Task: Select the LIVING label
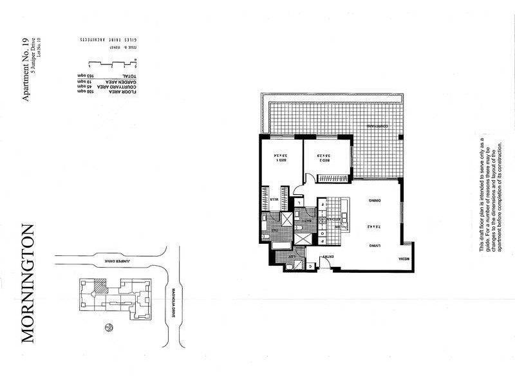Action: tap(372, 246)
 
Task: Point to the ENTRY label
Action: tap(328, 257)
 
